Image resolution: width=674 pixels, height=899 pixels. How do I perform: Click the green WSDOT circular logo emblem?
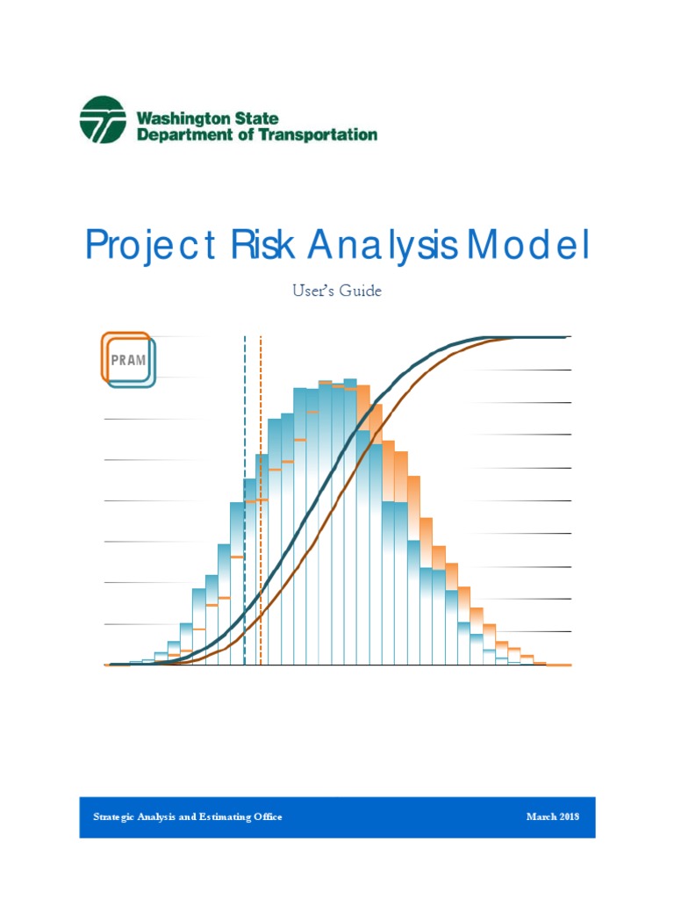coord(103,119)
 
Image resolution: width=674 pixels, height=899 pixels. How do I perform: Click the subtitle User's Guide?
coord(337,291)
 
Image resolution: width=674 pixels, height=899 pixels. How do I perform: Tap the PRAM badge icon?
coord(128,359)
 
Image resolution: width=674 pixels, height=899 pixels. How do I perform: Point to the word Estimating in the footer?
coord(222,816)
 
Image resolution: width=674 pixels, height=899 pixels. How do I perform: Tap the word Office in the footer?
coord(268,816)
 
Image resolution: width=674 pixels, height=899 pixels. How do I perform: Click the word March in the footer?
coord(541,816)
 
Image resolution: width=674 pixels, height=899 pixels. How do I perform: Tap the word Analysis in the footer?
coord(163,816)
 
